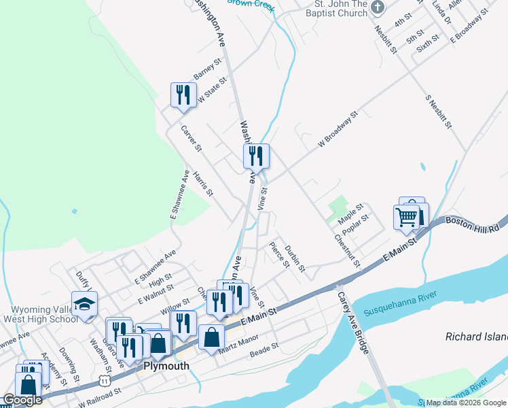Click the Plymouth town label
[x=165, y=366]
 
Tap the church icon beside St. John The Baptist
[x=378, y=7]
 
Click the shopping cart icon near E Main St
[x=406, y=218]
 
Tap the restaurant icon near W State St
[x=183, y=96]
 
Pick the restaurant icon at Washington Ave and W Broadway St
[x=256, y=156]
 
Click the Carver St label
[x=191, y=137]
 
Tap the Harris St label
[x=202, y=184]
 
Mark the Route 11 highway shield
[x=104, y=376]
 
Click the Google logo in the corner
[x=22, y=401]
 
